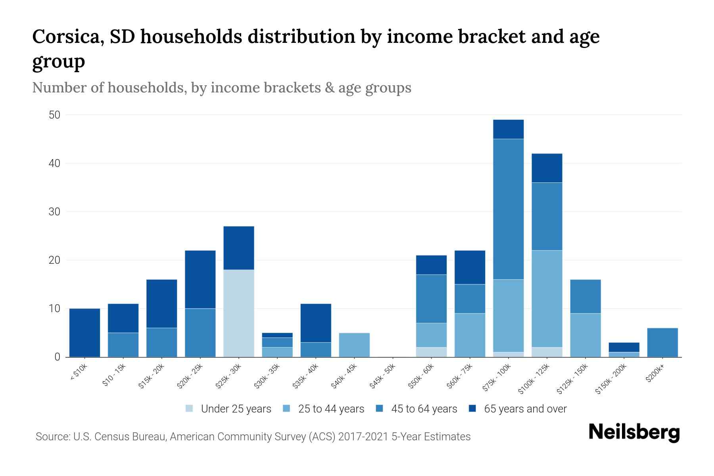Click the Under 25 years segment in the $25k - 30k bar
point(239,313)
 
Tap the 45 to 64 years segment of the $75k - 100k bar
point(508,209)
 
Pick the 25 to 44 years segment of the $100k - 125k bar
point(547,299)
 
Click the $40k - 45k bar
point(354,345)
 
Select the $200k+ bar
point(662,342)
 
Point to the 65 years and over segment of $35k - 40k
point(316,323)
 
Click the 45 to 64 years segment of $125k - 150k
point(585,296)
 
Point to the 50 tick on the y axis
point(54,115)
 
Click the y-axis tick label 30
point(54,212)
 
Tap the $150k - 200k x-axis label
point(611,378)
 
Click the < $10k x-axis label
point(79,372)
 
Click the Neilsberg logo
point(634,432)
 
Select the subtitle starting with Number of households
point(221,88)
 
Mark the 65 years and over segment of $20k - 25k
point(200,279)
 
